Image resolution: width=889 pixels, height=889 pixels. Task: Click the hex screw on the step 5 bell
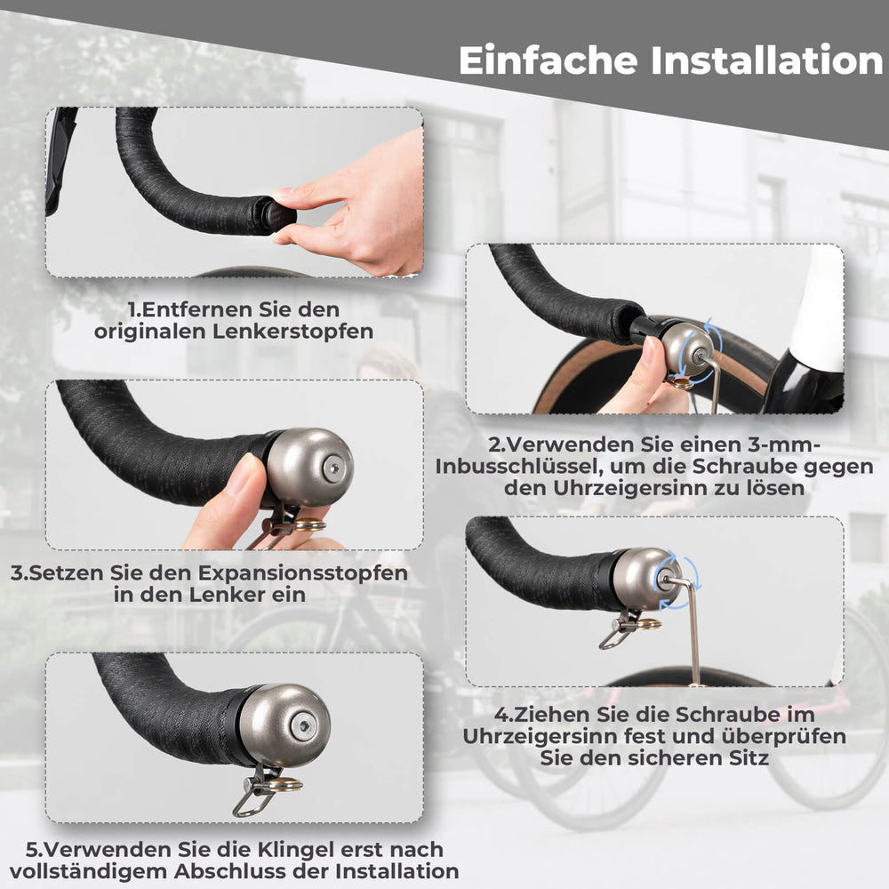click(x=305, y=725)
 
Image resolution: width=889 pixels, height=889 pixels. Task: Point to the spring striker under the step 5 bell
click(x=260, y=790)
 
